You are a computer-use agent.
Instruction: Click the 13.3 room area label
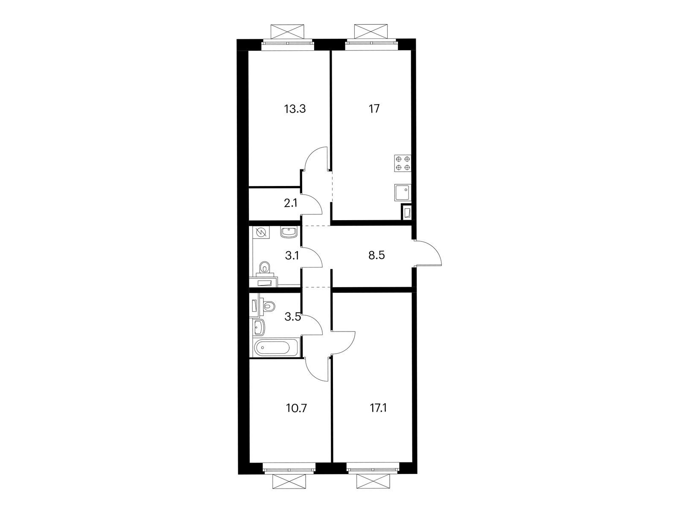pyautogui.click(x=295, y=109)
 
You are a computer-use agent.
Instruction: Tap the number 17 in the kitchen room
pyautogui.click(x=374, y=109)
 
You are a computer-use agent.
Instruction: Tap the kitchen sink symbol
pyautogui.click(x=403, y=192)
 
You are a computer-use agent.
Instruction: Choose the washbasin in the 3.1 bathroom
pyautogui.click(x=289, y=233)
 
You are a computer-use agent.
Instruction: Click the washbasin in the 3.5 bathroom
pyautogui.click(x=259, y=327)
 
